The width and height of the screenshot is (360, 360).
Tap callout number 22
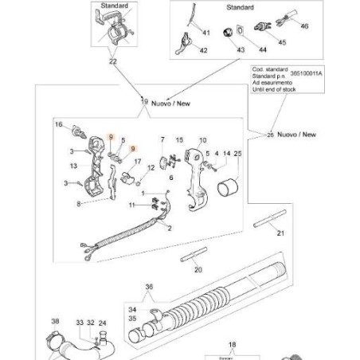click(112, 61)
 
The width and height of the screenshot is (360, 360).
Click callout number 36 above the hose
click(149, 288)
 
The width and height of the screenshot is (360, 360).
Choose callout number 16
click(58, 124)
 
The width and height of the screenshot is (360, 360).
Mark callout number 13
click(72, 166)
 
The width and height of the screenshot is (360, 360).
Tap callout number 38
click(55, 323)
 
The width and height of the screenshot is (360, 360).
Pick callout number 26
click(271, 135)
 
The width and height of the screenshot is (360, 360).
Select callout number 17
click(138, 162)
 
